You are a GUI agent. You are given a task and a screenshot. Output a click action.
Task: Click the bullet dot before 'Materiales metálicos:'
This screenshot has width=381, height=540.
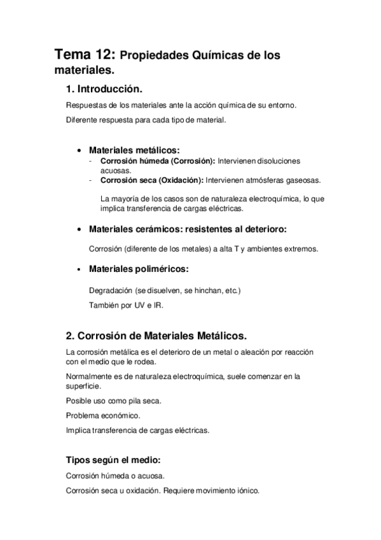click(78, 151)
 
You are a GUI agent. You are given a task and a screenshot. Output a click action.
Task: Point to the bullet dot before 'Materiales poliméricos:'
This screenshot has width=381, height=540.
click(78, 270)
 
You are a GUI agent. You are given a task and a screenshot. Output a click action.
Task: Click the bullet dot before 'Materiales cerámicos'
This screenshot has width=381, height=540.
click(78, 229)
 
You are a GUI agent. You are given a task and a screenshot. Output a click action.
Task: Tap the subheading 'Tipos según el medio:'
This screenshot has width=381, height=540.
click(113, 460)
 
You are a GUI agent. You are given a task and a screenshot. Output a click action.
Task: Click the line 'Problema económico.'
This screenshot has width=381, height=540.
click(103, 415)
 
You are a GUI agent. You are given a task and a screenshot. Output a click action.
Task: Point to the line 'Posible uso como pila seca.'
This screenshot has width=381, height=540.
click(114, 401)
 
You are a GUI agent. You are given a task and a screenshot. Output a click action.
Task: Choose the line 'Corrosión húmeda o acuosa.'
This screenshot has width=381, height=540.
click(115, 476)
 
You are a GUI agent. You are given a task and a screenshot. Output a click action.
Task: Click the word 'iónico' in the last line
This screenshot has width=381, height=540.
click(246, 491)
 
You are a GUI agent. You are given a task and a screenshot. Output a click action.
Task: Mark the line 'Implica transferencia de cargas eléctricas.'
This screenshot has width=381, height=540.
click(137, 430)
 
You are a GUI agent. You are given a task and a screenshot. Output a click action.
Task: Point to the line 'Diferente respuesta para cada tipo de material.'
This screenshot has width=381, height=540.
click(146, 120)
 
